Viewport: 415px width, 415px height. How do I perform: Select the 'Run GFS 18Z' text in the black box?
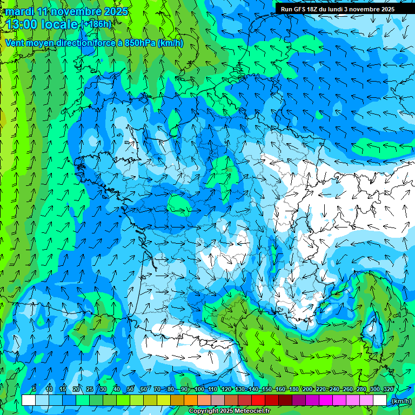click(x=300, y=9)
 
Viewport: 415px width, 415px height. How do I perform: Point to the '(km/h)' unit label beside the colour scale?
click(x=400, y=400)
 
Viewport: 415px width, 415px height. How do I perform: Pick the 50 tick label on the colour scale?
click(x=130, y=389)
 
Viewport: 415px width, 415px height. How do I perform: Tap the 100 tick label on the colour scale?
click(x=199, y=389)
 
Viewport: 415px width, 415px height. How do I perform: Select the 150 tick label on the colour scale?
click(x=266, y=389)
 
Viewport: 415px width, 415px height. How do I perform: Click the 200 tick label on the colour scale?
click(x=307, y=389)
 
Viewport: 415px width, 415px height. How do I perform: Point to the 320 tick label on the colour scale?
click(x=388, y=389)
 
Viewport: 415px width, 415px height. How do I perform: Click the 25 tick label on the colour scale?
click(x=89, y=389)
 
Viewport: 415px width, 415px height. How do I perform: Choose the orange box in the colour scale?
click(x=191, y=400)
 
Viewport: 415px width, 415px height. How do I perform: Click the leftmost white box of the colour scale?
click(x=29, y=400)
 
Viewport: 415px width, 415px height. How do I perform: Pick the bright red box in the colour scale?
click(x=259, y=400)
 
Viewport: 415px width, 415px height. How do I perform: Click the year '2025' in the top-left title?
click(x=116, y=11)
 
